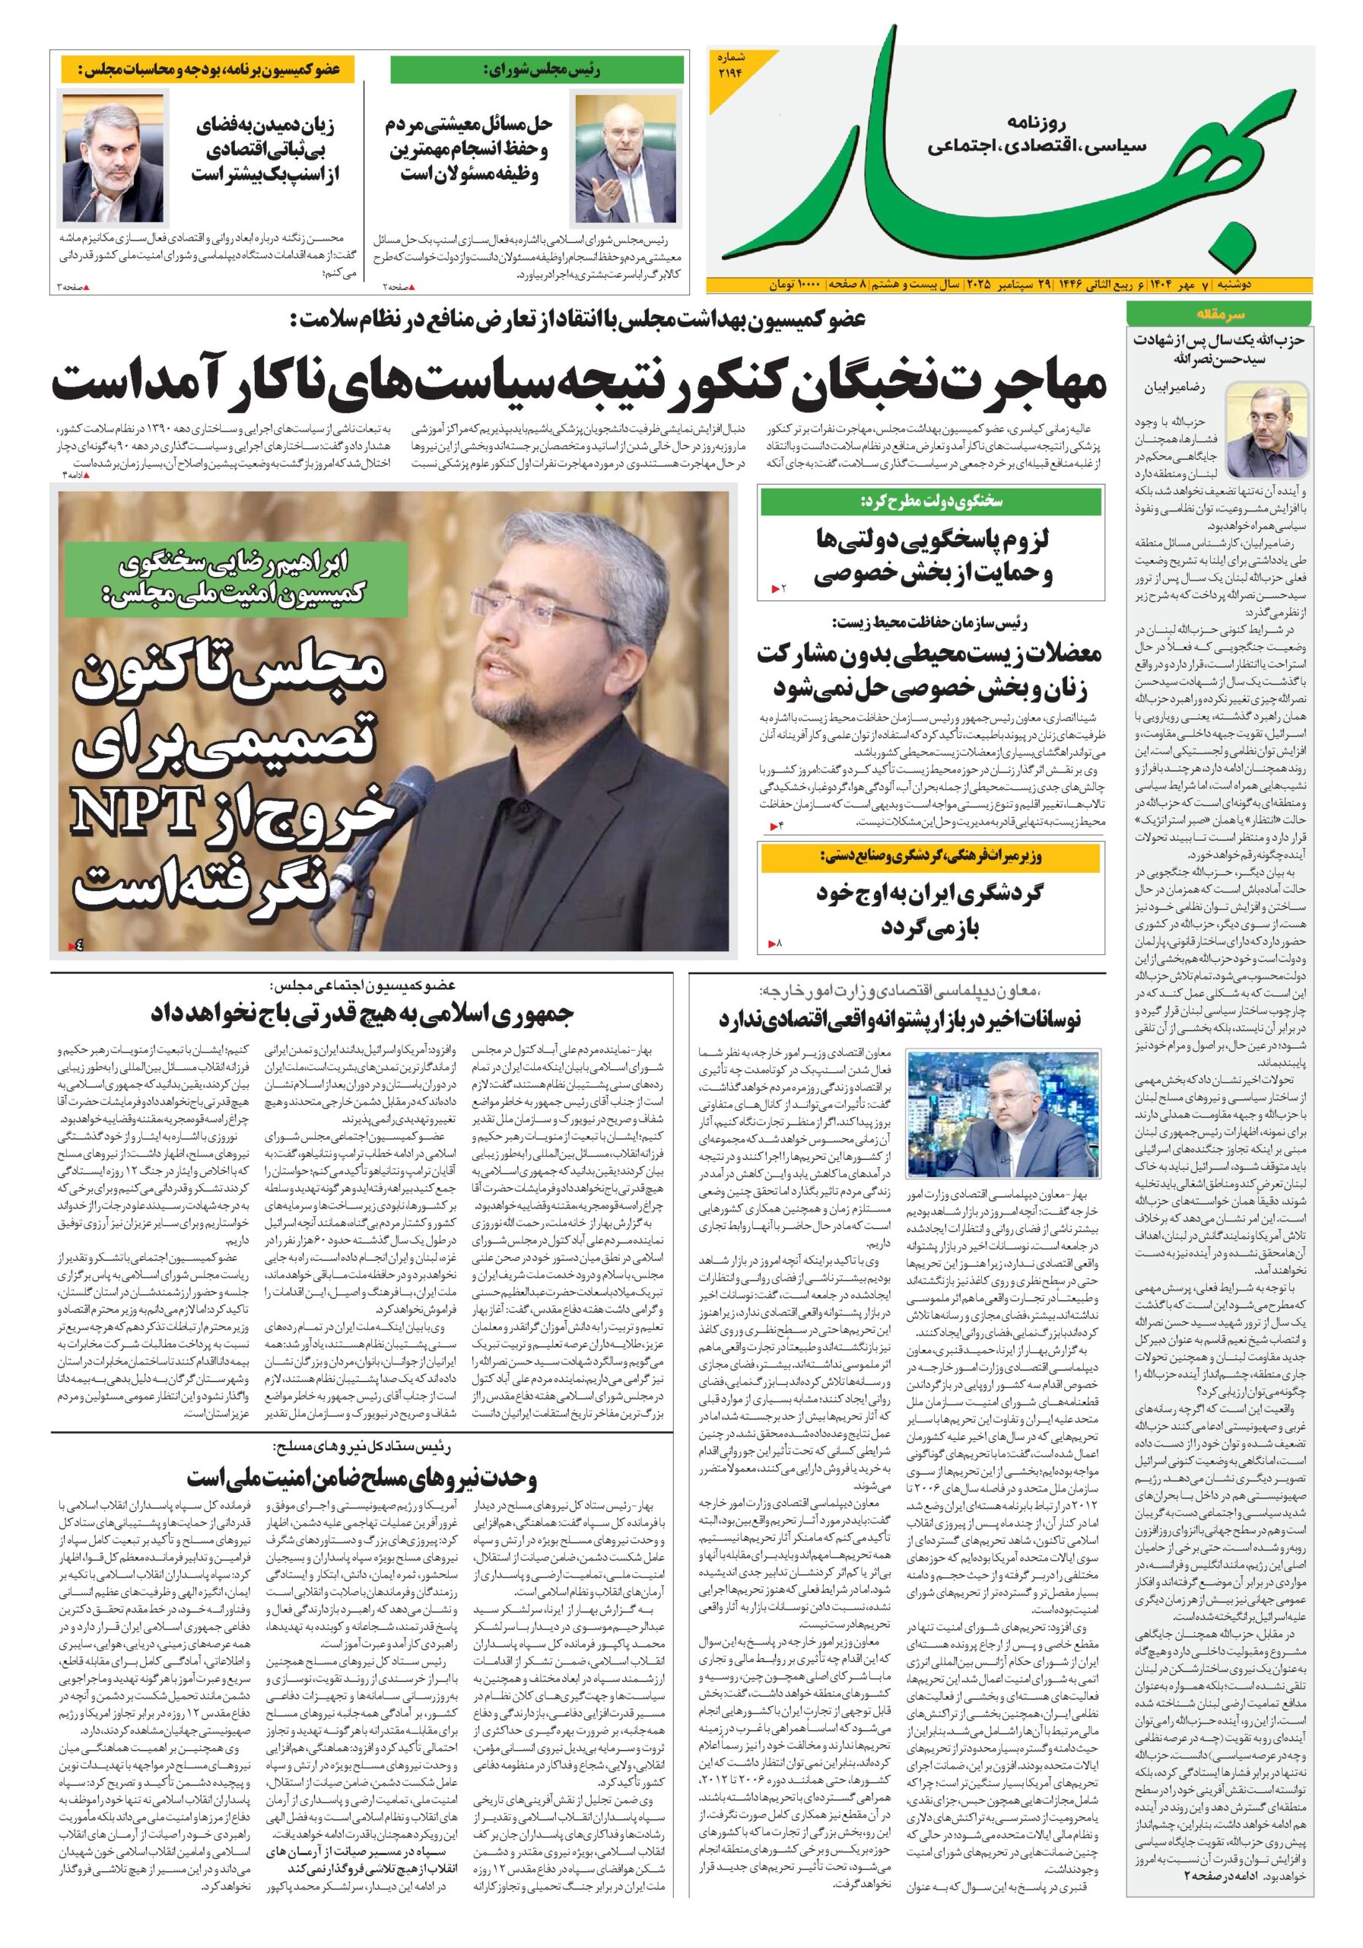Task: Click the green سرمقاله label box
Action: coord(1217,314)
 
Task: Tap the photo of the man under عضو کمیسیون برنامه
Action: coord(113,159)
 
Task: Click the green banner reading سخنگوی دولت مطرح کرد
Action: coord(930,501)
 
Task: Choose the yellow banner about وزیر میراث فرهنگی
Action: coord(930,858)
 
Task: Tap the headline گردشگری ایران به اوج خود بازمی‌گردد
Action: coord(930,909)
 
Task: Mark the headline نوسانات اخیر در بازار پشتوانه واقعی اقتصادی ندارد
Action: coord(899,1020)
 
